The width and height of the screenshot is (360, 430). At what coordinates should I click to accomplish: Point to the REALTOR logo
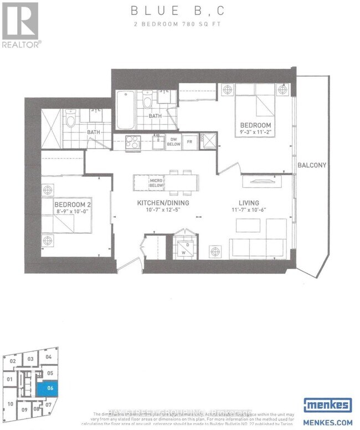pyautogui.click(x=20, y=25)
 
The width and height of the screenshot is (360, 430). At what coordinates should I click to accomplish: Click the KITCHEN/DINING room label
pyautogui.click(x=163, y=203)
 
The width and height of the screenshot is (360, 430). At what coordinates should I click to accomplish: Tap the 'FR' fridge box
pyautogui.click(x=188, y=142)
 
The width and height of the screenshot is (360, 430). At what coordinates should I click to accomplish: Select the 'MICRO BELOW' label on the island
pyautogui.click(x=155, y=183)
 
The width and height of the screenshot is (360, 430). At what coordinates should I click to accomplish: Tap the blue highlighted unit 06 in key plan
pyautogui.click(x=50, y=388)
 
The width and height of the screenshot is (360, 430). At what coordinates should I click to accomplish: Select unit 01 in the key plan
pyautogui.click(x=10, y=379)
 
